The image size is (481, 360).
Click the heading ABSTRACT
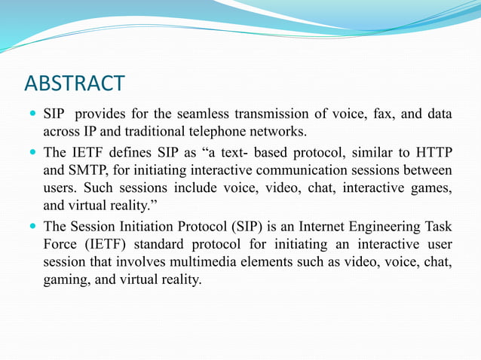[x=75, y=82]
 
